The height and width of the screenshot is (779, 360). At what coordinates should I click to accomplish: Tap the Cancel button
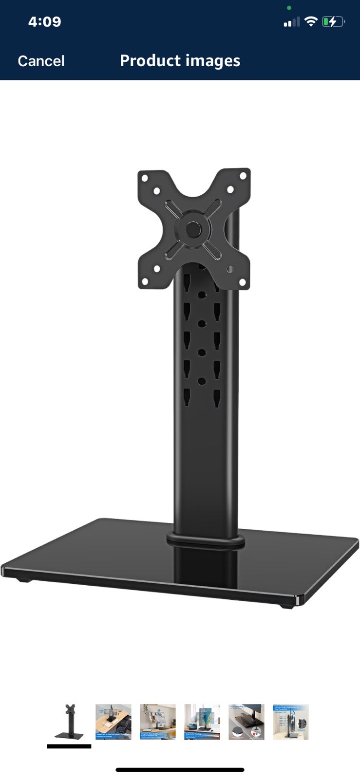point(41,61)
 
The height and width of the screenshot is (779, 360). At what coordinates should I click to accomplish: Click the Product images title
point(180,61)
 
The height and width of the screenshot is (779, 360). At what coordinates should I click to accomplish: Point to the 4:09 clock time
point(44,22)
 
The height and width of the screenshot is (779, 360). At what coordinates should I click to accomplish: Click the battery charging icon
point(333,21)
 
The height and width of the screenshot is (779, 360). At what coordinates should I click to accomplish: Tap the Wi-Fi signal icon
point(310,21)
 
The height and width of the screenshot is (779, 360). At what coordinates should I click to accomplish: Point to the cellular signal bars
point(292,22)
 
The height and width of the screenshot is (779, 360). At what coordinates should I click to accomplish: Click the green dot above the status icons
point(289,8)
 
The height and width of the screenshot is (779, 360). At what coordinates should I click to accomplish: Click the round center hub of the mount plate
point(193,228)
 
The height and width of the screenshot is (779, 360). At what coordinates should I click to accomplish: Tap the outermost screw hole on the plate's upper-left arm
point(145,178)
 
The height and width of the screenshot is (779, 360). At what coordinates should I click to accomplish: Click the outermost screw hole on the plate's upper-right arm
point(242,176)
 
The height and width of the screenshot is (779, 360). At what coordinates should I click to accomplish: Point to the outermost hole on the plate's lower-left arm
point(145,281)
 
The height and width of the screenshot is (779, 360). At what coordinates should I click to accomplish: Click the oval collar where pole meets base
point(206,539)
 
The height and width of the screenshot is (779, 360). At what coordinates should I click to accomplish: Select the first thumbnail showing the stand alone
point(69,722)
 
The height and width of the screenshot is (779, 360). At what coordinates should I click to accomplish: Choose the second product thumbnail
point(114,722)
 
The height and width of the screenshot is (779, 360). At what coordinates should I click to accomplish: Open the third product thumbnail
point(158,722)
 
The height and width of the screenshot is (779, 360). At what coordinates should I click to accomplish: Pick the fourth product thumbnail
point(202,722)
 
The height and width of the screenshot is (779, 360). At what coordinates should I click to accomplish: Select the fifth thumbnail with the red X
point(246,722)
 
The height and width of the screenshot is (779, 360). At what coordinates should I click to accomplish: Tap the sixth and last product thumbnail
point(291,722)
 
